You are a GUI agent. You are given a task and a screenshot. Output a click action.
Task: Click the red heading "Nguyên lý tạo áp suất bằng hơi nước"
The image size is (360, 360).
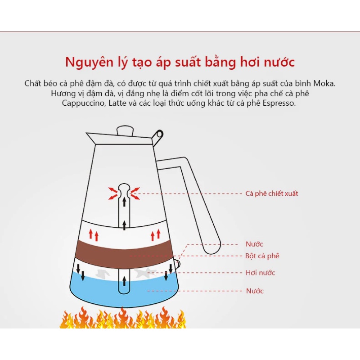180,62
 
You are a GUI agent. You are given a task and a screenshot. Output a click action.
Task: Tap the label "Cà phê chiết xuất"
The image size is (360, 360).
272,193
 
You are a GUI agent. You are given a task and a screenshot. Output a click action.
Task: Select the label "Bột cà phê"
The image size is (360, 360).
262,256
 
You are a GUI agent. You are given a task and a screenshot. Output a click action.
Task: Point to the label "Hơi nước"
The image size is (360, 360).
261,273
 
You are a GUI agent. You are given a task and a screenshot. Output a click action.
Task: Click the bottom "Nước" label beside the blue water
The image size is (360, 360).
255,291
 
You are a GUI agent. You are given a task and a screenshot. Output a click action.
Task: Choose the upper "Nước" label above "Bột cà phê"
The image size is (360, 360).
254,244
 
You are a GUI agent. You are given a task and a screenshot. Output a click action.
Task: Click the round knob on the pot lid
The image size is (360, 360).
125,131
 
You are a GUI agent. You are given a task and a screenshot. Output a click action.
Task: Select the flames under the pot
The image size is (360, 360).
123,318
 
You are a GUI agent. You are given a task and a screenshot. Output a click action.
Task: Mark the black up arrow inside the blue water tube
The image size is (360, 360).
124,281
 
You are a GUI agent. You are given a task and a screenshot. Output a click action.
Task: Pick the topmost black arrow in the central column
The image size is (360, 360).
125,201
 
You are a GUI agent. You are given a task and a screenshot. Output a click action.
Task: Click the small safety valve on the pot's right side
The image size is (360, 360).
178,264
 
